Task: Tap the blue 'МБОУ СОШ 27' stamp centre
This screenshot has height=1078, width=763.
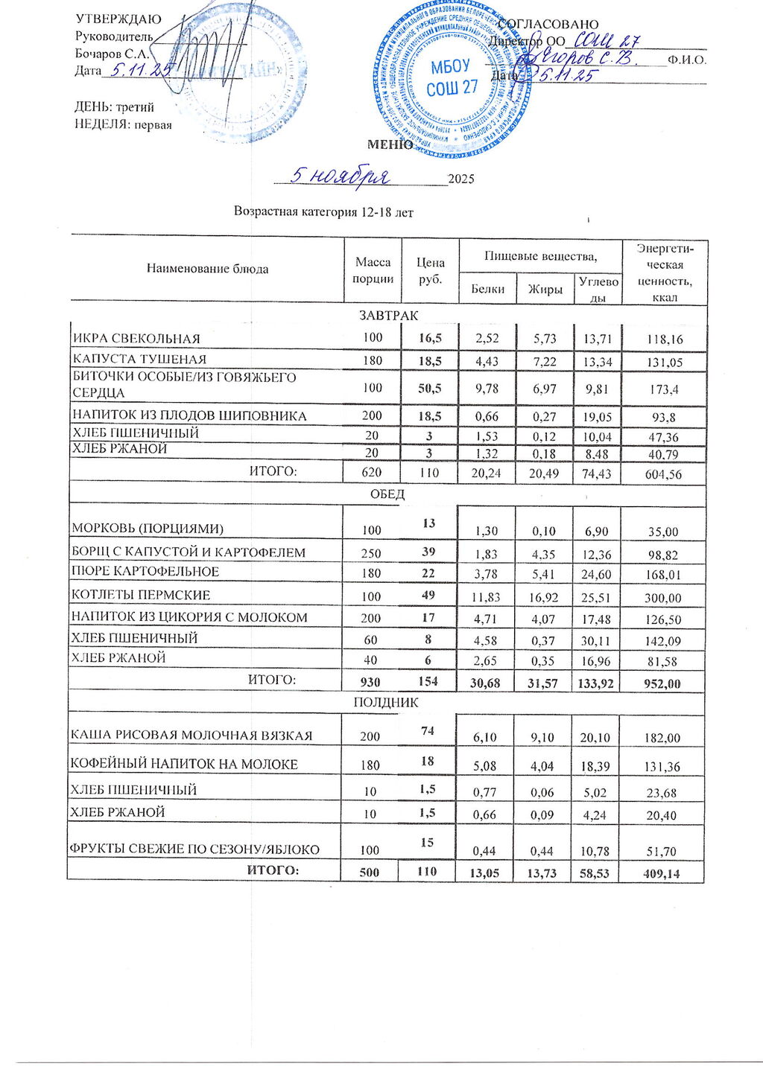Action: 452,77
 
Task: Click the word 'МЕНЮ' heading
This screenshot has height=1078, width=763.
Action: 390,144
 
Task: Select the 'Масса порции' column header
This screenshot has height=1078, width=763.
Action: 373,270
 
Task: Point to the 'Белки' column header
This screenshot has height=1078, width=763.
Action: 488,289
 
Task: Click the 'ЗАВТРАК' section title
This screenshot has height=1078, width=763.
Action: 388,316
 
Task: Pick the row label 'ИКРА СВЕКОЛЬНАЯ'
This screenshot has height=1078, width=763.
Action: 136,339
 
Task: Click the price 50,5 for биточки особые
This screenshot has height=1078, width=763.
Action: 430,387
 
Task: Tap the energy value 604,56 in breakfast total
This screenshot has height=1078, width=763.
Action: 663,473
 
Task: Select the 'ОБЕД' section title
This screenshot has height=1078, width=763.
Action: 387,494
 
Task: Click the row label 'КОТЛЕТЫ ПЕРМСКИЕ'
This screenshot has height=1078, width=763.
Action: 141,595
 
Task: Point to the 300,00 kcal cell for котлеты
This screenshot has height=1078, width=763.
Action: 663,598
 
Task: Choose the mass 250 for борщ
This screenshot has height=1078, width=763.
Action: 371,553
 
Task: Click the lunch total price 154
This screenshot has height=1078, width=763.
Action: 428,681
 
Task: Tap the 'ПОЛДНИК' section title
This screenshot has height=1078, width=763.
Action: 386,702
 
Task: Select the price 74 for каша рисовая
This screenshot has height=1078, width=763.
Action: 428,731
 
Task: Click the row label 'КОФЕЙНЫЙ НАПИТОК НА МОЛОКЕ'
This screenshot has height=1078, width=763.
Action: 184,764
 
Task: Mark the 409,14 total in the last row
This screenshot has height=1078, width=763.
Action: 662,874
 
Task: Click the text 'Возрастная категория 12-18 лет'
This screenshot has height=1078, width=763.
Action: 323,212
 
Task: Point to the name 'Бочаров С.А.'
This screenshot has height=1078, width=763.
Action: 113,54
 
